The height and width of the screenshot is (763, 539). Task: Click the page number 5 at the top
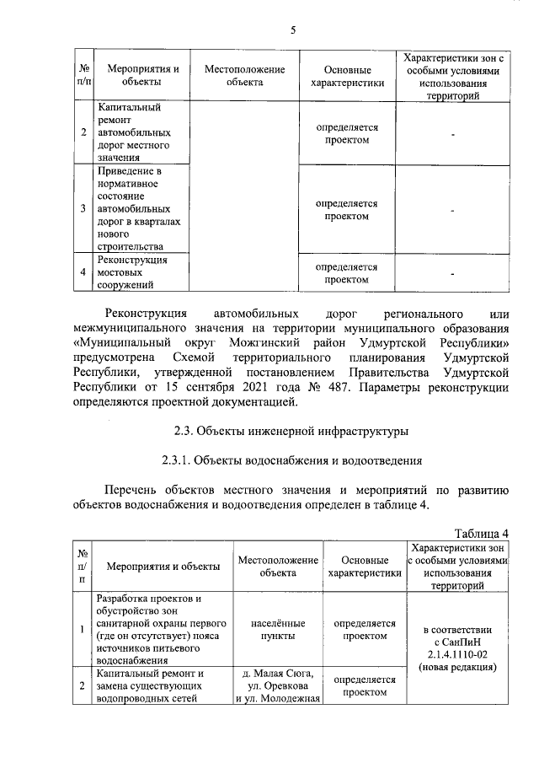[x=293, y=30]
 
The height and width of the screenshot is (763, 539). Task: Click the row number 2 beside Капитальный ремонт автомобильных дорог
[x=83, y=133]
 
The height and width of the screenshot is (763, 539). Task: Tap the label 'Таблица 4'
[x=482, y=534]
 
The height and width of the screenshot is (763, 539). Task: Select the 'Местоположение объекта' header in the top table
[x=244, y=76]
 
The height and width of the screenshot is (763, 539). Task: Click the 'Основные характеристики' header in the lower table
[x=365, y=567]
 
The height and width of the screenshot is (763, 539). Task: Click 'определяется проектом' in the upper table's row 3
[x=347, y=210]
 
